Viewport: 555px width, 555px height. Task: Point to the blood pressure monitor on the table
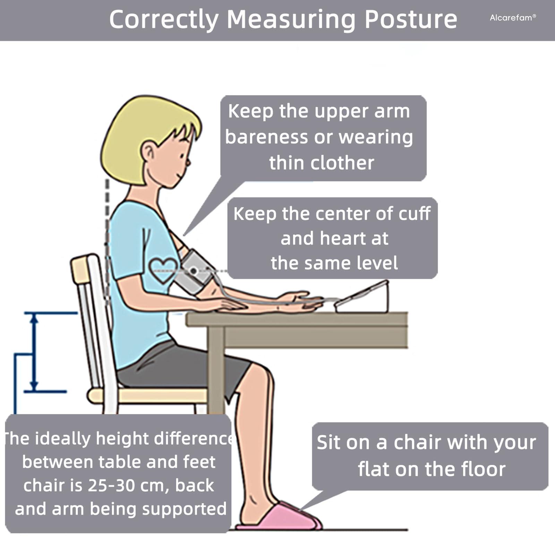362,298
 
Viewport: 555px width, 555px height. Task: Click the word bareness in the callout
266,137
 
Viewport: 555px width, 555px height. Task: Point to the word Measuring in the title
291,20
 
